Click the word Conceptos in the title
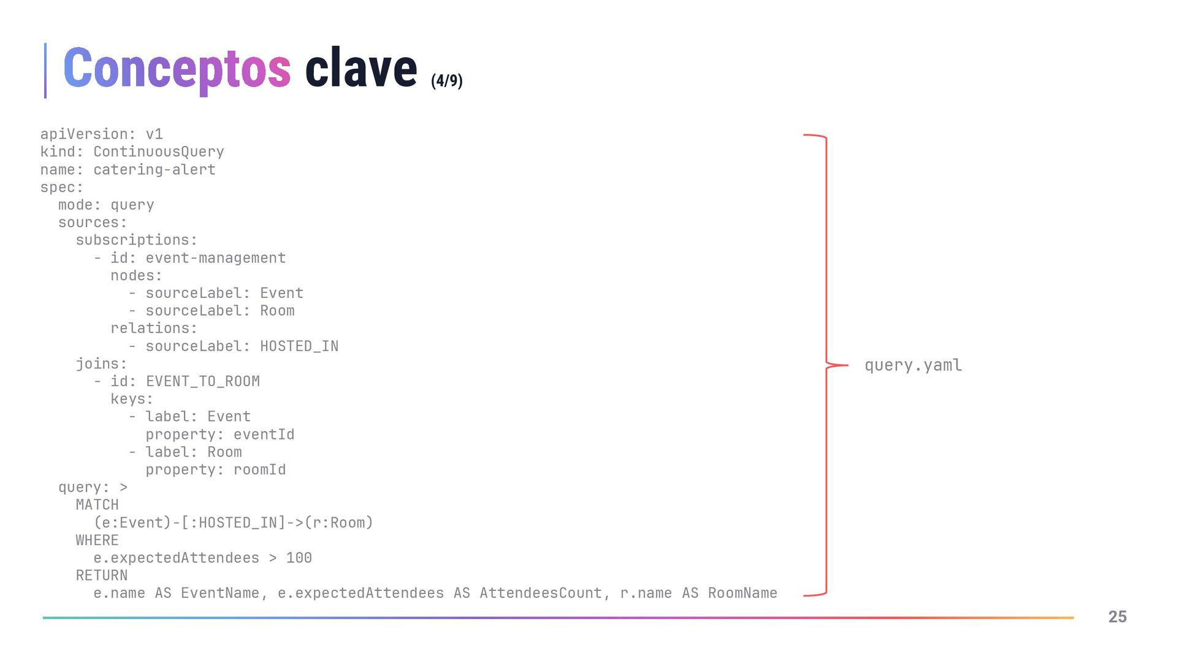point(177,69)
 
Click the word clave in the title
point(360,69)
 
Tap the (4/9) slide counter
point(446,81)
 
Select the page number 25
point(1117,617)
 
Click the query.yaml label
point(913,365)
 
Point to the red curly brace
point(826,365)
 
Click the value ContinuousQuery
point(158,152)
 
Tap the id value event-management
point(215,258)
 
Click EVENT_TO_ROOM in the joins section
point(202,381)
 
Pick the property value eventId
point(264,435)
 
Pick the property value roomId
point(259,470)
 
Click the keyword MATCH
point(97,505)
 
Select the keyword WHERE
point(97,541)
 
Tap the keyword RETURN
point(102,576)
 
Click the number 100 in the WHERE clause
point(299,558)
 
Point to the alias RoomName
point(742,593)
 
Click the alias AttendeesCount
point(540,593)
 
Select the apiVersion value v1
point(154,134)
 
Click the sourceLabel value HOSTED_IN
point(299,346)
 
